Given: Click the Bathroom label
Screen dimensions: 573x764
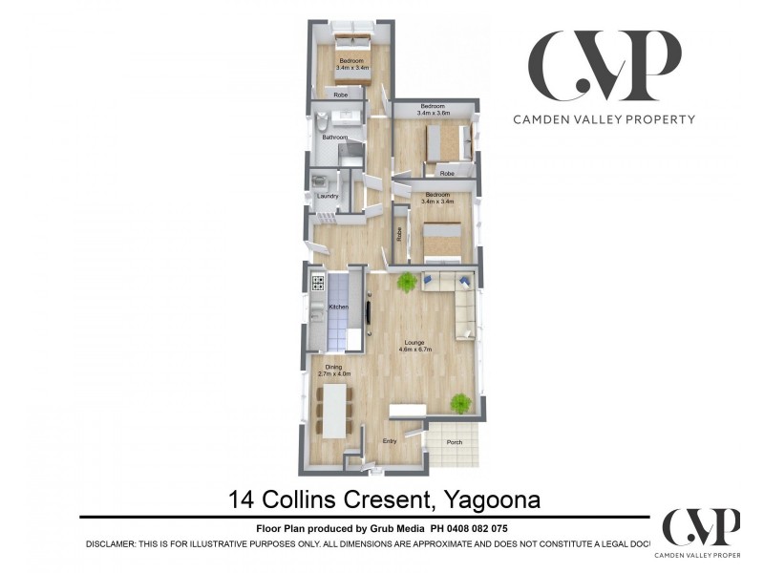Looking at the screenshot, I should point(334,138).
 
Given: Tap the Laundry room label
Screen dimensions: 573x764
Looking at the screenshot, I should point(328,197).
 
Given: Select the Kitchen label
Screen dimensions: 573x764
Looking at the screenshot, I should point(338,307).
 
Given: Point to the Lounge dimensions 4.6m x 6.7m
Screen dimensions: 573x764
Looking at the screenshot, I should point(414,350).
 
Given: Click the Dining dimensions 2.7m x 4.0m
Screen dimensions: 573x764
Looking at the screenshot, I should point(334,373).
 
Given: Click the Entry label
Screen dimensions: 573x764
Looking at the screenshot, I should point(390,441).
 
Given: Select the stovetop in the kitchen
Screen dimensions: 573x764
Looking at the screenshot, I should point(317,283).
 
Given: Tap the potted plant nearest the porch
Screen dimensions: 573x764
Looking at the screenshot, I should point(461,403).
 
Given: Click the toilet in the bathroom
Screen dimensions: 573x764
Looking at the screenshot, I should point(322,124).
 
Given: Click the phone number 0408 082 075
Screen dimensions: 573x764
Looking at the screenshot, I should point(482,528).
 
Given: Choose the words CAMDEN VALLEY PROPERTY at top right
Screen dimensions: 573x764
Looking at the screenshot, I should point(604,119).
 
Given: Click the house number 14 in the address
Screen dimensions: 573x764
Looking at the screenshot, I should point(243,499).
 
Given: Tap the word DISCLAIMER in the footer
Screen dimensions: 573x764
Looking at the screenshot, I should point(118,543).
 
